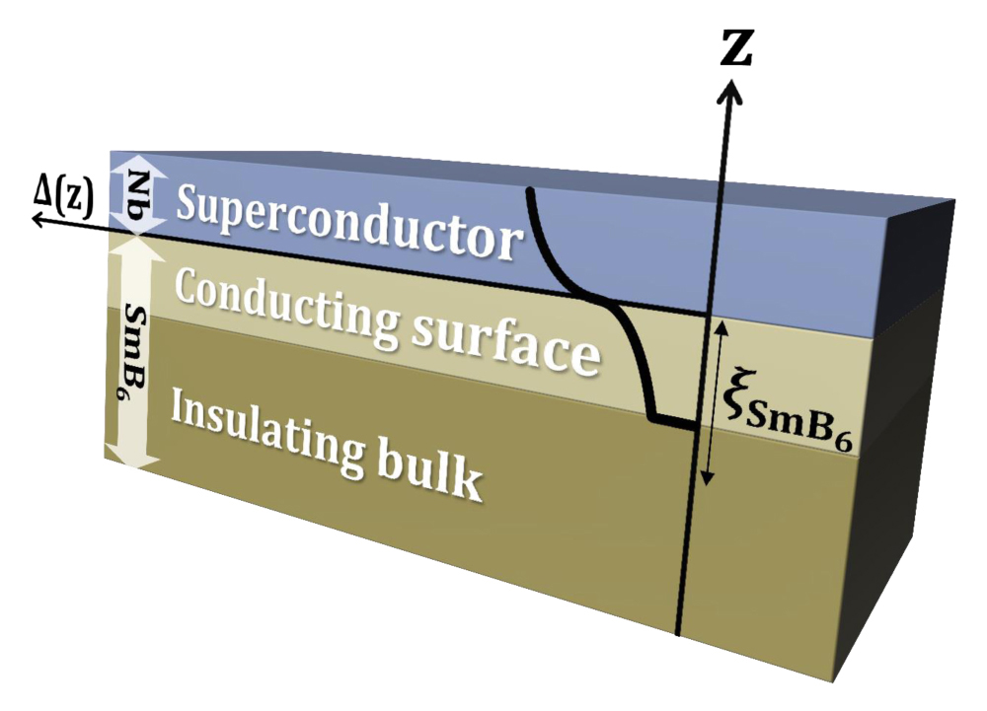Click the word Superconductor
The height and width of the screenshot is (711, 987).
tap(350, 221)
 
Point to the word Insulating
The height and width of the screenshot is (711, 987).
tap(267, 428)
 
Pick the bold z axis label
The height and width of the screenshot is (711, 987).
tap(736, 48)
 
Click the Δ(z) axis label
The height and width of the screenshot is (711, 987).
tap(63, 202)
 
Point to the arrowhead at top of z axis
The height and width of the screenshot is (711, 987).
tap(730, 90)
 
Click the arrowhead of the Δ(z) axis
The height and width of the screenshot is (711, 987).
tap(40, 219)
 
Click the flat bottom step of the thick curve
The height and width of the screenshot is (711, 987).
tap(673, 420)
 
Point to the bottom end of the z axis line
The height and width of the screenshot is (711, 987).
tap(677, 634)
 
